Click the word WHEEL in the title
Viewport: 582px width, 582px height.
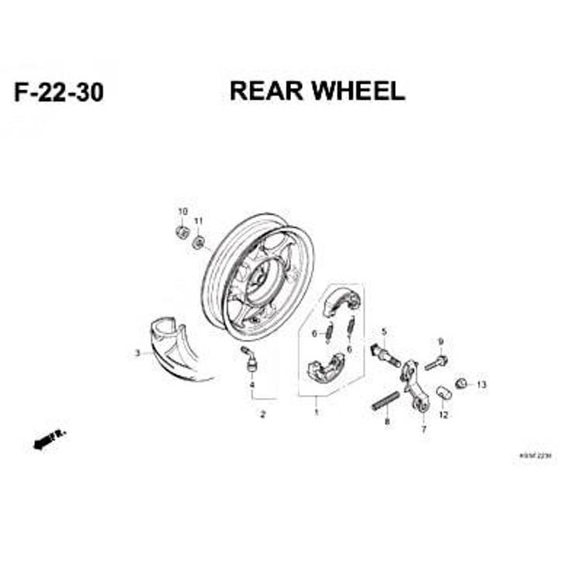359,91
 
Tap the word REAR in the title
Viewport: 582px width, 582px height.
266,91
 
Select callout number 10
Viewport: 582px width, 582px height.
183,212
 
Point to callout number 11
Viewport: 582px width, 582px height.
198,221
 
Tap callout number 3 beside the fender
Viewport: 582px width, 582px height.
137,353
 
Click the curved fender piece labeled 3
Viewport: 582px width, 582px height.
175,346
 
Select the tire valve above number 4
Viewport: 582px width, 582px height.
249,359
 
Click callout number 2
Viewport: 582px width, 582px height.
263,414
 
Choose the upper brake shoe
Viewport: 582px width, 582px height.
338,303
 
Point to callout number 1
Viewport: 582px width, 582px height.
316,412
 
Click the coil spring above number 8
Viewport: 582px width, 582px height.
385,402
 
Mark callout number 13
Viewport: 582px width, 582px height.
481,385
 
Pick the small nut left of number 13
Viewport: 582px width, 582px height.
461,383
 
